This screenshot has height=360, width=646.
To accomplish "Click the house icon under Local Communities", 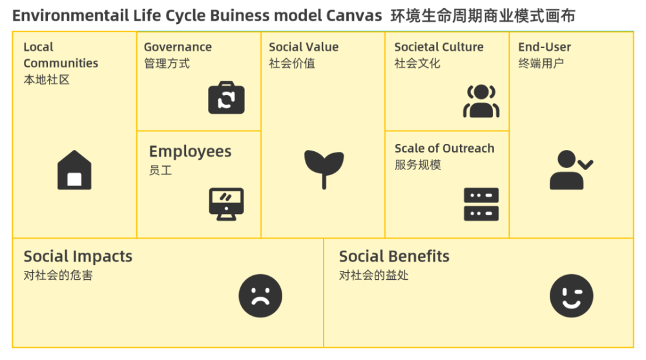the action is pos(74,170).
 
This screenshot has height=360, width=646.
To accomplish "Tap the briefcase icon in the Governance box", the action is pos(226,98).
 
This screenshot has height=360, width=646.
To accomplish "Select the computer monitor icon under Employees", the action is pos(226,204).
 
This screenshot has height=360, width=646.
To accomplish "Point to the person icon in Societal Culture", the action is pos(481,101).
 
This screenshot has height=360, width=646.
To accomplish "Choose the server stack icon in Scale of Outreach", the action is pos(481,204).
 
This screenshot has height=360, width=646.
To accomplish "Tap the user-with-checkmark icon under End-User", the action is pos(572,170).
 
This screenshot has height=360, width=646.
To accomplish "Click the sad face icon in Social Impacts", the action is pos(260,295).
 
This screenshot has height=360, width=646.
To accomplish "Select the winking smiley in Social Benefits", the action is pos(572,295).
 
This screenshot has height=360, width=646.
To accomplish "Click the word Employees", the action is pos(190,152).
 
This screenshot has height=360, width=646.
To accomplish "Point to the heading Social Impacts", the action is pos(78,257).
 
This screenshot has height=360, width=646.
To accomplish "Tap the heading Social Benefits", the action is pos(394,256).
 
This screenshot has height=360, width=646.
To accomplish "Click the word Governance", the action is pos(178,47).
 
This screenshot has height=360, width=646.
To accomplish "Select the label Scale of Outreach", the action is pos(444,148).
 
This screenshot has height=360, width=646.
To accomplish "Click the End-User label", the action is pos(545,47).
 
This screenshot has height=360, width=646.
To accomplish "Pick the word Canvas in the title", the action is pos(354,16).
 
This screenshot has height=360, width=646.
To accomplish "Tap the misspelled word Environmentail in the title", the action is pos(70,16).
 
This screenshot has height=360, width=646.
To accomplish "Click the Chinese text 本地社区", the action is pos(47,79).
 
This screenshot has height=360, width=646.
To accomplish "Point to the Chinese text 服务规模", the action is pos(418,165).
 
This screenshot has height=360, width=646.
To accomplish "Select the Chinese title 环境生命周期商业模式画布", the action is pos(483,16).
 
